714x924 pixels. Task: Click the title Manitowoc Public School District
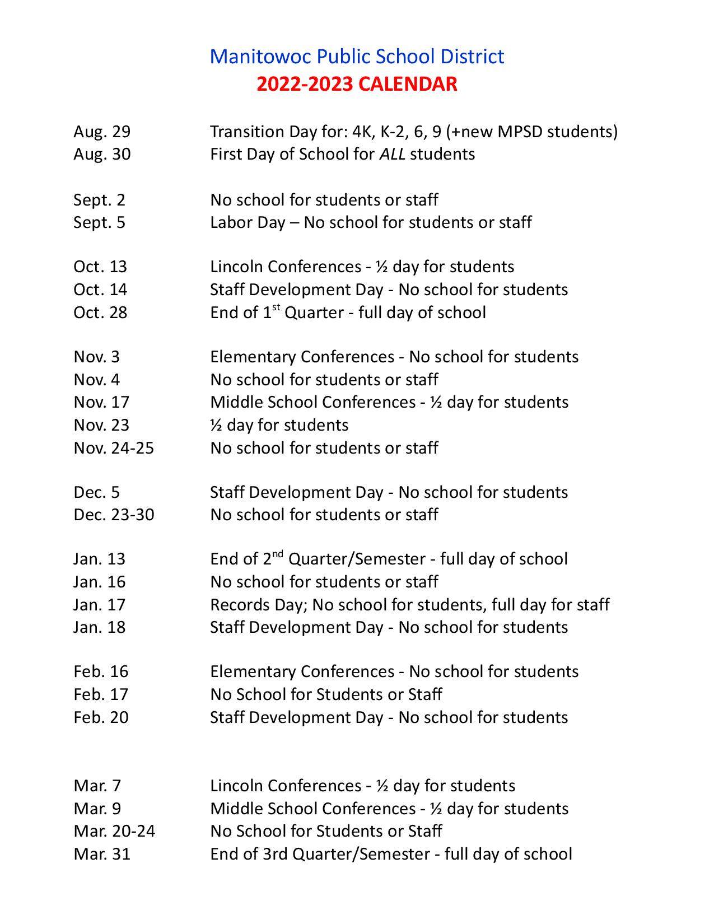tap(357, 57)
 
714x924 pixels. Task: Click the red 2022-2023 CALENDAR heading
tap(357, 84)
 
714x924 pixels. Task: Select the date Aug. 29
tap(102, 132)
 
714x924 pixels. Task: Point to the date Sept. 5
tap(99, 222)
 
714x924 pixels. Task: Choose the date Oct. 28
tap(100, 312)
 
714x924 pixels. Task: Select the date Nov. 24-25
tap(114, 448)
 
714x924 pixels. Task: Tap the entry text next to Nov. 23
tap(279, 425)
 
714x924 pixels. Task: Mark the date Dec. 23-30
tap(114, 515)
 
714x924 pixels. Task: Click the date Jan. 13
tap(99, 559)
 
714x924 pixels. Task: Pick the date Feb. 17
tap(101, 694)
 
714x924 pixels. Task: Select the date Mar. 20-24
tap(114, 831)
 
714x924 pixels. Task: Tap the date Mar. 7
tap(97, 786)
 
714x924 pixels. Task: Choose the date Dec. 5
tap(96, 492)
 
